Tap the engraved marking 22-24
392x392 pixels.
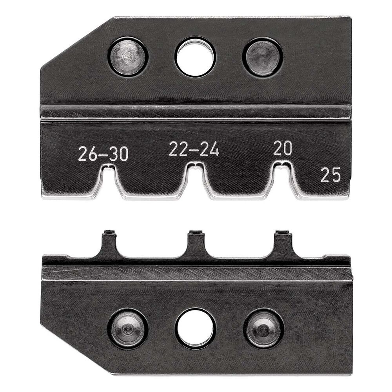coord(194,149)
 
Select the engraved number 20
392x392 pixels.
coord(283,149)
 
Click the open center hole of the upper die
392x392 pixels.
coord(195,57)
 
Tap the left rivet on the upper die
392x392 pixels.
coord(128,56)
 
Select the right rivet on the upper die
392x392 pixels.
coord(263,56)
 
